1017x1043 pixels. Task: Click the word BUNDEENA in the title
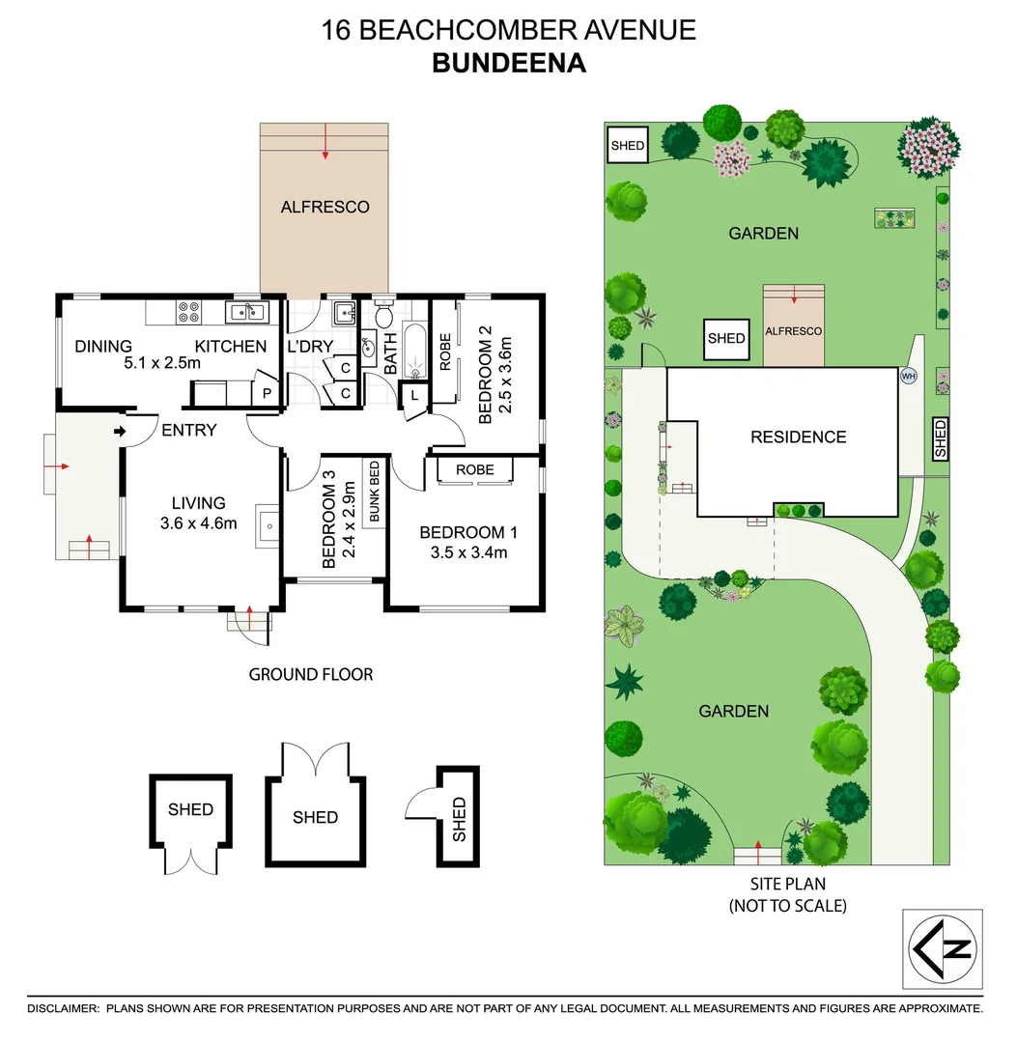(508, 63)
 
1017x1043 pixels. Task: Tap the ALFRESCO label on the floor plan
(325, 207)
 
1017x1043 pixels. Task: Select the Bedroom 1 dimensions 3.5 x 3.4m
(463, 553)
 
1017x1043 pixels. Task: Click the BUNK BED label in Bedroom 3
(373, 492)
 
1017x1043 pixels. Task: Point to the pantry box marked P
(267, 394)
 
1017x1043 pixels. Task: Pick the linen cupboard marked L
(413, 395)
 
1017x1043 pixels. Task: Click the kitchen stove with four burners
(188, 312)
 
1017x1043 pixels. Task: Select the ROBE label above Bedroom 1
(475, 469)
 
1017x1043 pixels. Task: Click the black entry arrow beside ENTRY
(121, 431)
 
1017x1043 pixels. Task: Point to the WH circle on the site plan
(908, 376)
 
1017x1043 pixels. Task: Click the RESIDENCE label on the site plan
(798, 437)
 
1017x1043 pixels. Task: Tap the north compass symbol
(942, 948)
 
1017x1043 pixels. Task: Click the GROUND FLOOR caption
(311, 674)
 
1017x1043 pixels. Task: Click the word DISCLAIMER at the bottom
(63, 1008)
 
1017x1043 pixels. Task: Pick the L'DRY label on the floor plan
(310, 347)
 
